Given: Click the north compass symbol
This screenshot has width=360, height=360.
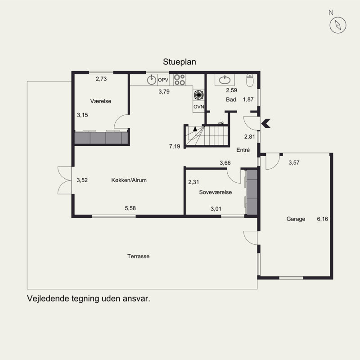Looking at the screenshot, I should click(338, 25).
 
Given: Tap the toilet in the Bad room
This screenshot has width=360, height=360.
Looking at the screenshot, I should click(251, 81).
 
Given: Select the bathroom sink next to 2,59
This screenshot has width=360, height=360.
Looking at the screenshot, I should click(224, 80).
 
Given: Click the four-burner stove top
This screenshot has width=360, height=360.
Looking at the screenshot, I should click(180, 80).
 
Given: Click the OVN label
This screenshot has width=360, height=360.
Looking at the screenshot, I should click(198, 107).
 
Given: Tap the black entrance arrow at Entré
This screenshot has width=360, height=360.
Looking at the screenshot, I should click(266, 123).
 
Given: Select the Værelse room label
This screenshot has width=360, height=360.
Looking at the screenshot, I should click(100, 101).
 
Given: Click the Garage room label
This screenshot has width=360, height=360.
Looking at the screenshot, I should click(296, 219).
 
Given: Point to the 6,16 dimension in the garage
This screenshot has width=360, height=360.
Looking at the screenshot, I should click(323, 219).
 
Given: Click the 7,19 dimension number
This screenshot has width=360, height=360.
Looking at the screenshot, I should click(175, 147).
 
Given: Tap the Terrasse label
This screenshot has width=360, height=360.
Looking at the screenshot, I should click(138, 256).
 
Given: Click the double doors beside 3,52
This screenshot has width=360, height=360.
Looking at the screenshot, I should click(65, 180).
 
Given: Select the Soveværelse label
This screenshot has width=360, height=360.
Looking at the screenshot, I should click(215, 192).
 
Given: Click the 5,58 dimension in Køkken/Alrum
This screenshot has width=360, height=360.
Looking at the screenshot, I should click(130, 208).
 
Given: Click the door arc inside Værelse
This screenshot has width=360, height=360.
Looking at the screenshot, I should click(121, 121).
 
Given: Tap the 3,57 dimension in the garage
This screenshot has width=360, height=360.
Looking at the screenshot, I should click(294, 162).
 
